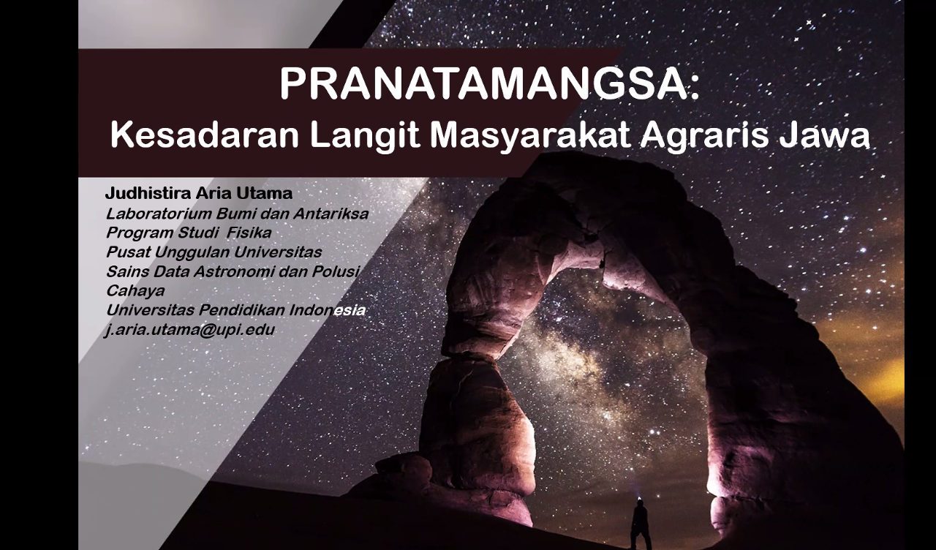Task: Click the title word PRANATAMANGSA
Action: point(482,83)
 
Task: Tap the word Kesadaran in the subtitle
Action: point(204,135)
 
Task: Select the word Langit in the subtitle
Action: point(364,137)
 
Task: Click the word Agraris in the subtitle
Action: point(705,137)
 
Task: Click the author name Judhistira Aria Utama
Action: point(198,193)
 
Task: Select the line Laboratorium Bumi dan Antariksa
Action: point(237,214)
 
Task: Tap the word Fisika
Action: point(249,233)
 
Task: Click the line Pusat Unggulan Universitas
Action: point(214,252)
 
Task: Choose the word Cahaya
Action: point(135,291)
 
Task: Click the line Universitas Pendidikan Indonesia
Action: point(235,310)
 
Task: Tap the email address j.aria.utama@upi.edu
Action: point(189,330)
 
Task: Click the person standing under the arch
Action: point(640,520)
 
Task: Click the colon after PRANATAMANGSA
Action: point(694,88)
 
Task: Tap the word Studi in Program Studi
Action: point(197,233)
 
